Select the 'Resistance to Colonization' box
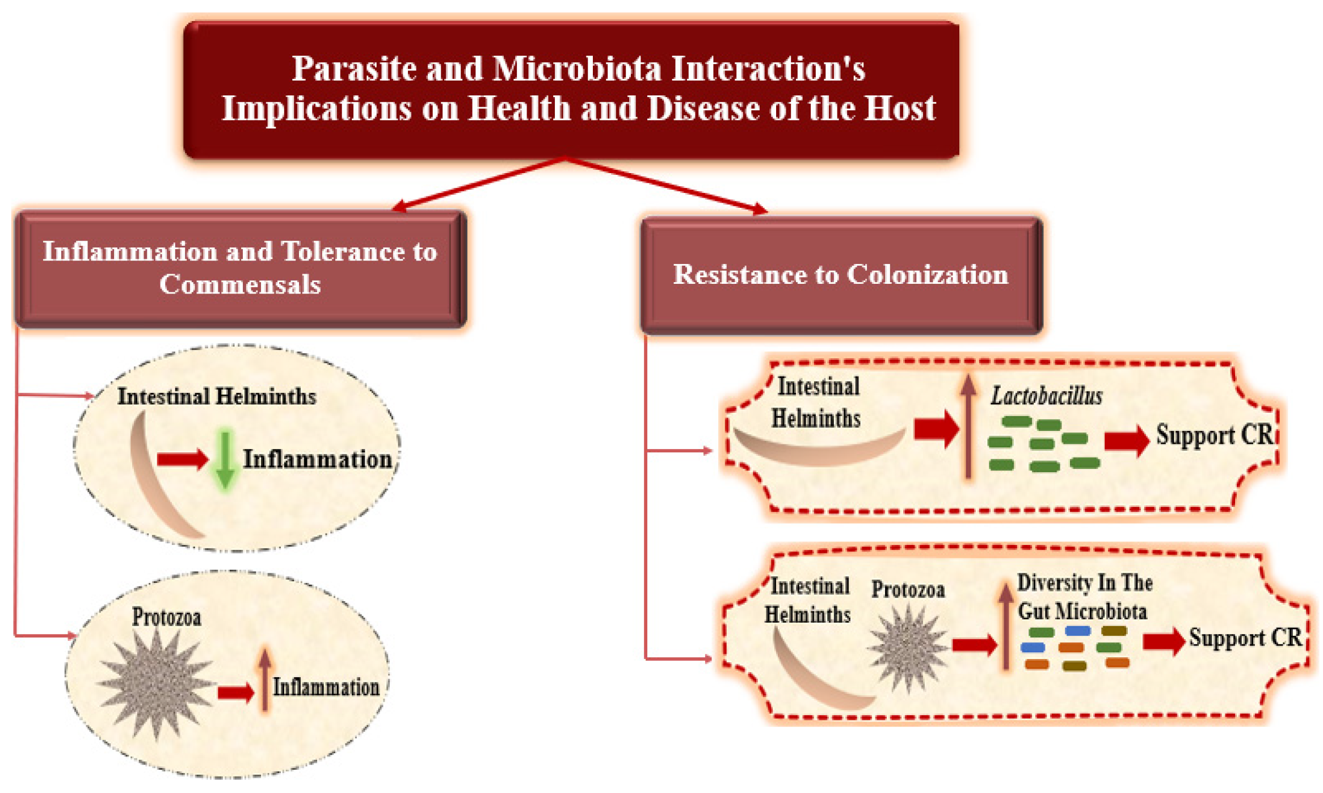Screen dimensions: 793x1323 tap(840, 275)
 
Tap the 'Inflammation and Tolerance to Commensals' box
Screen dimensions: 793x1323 tap(240, 268)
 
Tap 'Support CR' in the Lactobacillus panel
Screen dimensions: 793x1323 tap(1215, 436)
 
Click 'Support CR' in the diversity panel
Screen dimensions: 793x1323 tap(1245, 638)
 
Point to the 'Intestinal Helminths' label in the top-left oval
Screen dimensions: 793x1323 tap(216, 397)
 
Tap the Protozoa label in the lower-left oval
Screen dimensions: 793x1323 tap(166, 617)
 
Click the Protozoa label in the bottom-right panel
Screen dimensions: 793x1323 tap(908, 590)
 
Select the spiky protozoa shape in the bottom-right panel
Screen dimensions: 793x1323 tap(908, 649)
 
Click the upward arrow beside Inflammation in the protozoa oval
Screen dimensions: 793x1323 tap(264, 678)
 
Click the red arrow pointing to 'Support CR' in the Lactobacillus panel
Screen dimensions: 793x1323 tap(1126, 440)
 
